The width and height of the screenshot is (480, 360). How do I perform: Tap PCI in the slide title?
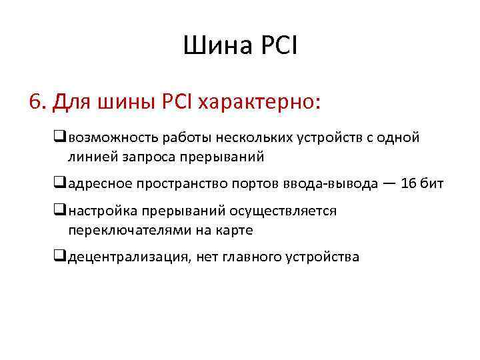276,46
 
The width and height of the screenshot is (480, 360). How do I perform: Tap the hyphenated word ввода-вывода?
340,185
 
